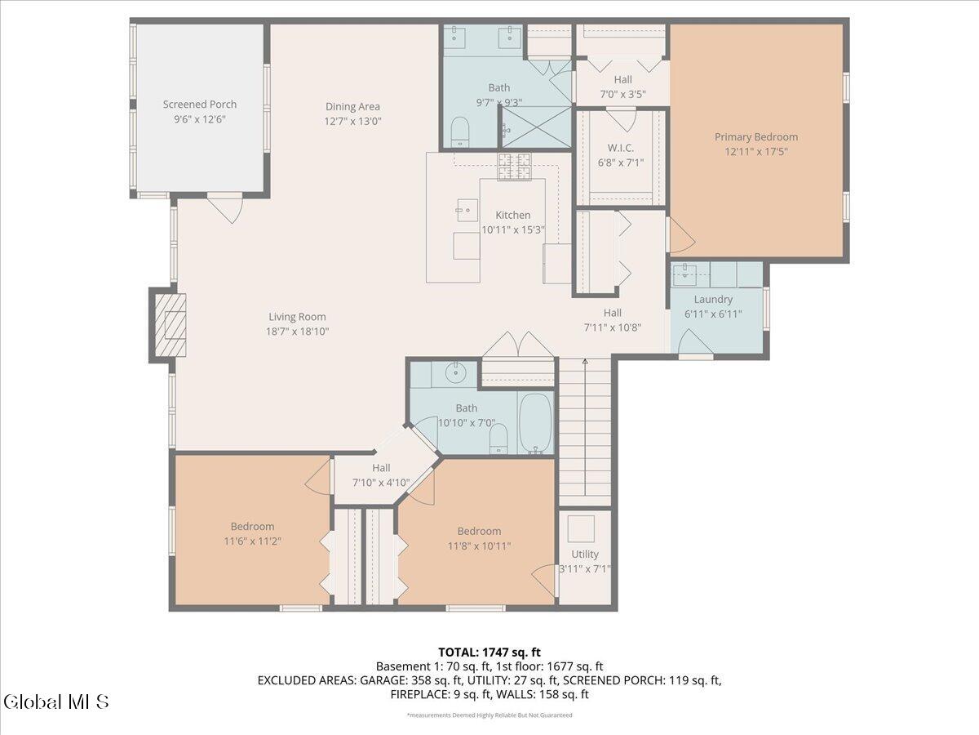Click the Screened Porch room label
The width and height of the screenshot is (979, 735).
199,105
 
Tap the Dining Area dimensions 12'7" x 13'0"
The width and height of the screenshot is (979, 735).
352,122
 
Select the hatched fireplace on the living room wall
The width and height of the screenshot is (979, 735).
170,325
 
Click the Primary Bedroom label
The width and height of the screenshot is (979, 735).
756,137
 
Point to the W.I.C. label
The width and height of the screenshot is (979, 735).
620,148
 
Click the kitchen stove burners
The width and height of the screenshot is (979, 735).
514,167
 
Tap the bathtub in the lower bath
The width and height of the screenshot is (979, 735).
535,423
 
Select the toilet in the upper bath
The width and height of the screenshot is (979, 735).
460,131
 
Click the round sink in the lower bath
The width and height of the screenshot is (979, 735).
455,371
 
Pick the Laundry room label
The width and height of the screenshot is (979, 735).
713,299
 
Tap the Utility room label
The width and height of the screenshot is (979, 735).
585,554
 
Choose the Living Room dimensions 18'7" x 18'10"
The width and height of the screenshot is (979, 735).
297,332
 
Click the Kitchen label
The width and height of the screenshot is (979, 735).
513,215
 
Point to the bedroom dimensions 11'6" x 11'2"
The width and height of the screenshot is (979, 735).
252,541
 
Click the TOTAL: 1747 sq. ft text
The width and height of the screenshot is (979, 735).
489,653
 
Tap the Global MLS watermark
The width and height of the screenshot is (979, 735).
56,702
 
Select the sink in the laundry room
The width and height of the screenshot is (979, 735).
684,274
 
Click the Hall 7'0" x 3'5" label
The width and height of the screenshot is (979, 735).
622,87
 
